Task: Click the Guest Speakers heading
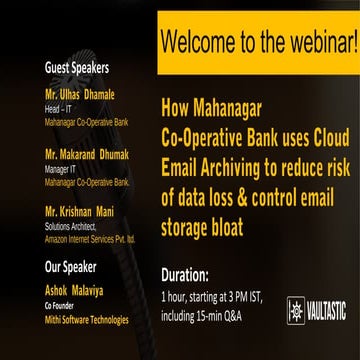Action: coord(77,69)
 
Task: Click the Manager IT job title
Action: coord(63,171)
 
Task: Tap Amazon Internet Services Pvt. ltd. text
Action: coord(90,240)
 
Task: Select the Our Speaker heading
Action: coord(71,267)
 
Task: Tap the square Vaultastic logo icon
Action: coord(296,311)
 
